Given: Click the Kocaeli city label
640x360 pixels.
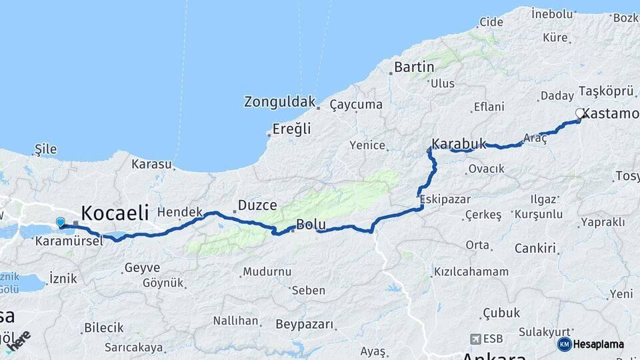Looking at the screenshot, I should point(114,213).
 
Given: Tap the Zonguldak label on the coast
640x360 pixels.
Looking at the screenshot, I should point(279,102).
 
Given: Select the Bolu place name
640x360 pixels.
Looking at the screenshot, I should point(311,225).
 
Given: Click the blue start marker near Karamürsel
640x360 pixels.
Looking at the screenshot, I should point(61,223).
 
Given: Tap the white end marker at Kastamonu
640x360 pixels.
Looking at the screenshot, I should point(580,113).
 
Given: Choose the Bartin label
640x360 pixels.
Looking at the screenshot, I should point(414,67).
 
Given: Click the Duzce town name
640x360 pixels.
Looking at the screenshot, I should point(257,205).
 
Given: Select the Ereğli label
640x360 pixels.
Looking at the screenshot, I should point(292,129).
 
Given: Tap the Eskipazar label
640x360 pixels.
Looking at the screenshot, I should point(445,199).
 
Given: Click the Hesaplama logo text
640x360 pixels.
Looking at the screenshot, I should point(599,344).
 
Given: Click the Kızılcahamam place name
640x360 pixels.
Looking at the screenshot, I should point(471,271).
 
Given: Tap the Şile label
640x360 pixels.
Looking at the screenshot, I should point(45,149).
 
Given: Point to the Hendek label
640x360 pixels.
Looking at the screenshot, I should point(180,212).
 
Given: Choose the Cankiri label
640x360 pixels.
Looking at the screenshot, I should point(535,249).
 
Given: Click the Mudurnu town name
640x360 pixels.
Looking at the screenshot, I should point(267,271).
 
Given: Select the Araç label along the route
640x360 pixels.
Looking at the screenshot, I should point(535,137).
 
